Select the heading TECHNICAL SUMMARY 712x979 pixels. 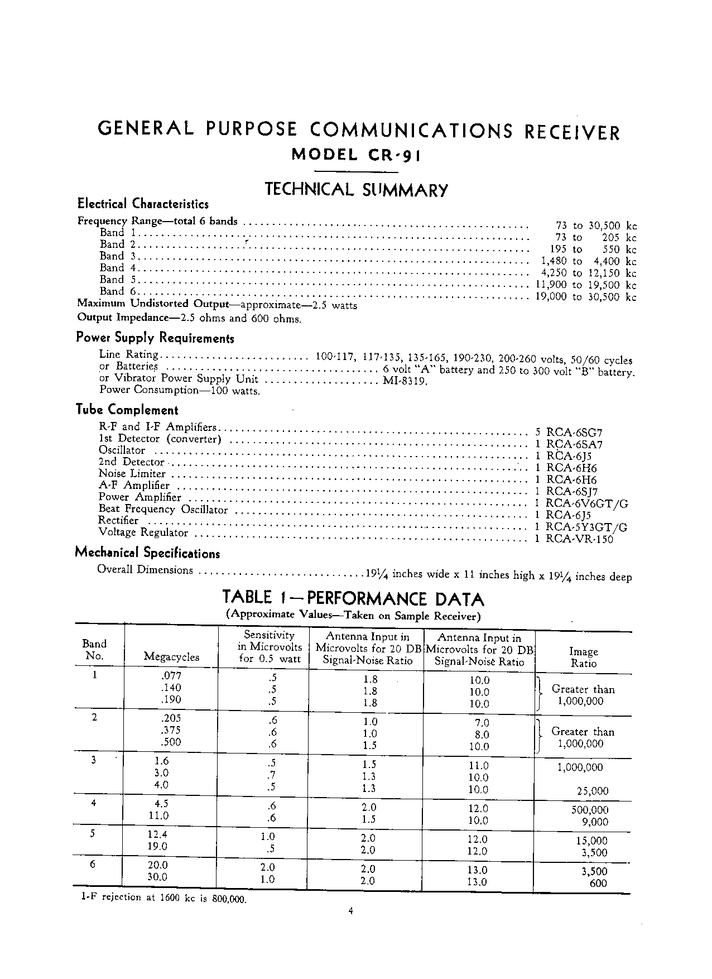click(356, 190)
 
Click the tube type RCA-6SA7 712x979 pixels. click(574, 444)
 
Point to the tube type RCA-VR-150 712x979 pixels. click(579, 539)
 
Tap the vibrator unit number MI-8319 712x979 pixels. click(405, 381)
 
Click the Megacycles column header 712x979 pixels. click(171, 657)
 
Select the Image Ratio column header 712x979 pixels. click(583, 658)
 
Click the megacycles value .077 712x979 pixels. click(171, 675)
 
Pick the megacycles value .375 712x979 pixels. click(171, 730)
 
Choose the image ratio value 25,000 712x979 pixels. click(593, 791)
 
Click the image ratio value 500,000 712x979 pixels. click(590, 810)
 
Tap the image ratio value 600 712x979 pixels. click(598, 883)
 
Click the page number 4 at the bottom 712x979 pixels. click(350, 911)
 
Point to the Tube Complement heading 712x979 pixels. click(127, 410)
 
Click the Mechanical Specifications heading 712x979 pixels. click(147, 553)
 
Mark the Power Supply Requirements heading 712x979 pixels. click(155, 338)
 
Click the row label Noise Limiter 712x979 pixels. click(132, 474)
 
